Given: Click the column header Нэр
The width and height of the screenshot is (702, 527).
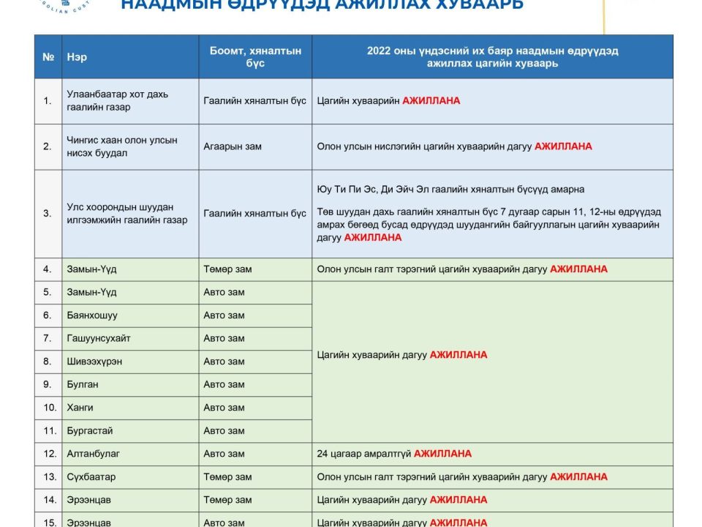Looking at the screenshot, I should coord(77,57).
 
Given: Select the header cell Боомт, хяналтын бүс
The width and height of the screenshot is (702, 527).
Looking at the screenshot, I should coord(255,57).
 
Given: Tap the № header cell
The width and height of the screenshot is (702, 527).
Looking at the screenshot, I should coord(48,57).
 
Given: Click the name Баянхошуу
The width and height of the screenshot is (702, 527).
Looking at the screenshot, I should coord(91,315).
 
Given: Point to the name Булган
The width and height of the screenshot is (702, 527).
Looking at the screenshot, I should coord(82,384).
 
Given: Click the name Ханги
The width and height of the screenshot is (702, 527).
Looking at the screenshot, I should coord(80,408).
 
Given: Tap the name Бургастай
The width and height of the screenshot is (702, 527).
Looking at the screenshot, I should coord(89,431).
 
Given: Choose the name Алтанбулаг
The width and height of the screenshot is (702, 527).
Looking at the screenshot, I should coord(93,454).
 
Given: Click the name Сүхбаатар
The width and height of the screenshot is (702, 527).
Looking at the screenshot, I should coord(91,477).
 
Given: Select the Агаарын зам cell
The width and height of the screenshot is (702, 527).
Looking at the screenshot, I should coord(233,146).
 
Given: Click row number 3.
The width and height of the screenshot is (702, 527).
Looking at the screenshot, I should coord(48,214).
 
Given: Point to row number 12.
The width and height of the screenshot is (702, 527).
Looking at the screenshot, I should coord(50,454).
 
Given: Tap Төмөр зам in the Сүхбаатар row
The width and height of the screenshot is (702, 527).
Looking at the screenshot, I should coord(227,477).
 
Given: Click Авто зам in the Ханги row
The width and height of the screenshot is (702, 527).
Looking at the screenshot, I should coord(224,408).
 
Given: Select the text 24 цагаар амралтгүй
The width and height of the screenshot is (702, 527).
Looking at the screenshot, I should coord(364,454).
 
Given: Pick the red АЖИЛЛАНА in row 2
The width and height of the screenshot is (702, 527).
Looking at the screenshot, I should coord(563,146).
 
